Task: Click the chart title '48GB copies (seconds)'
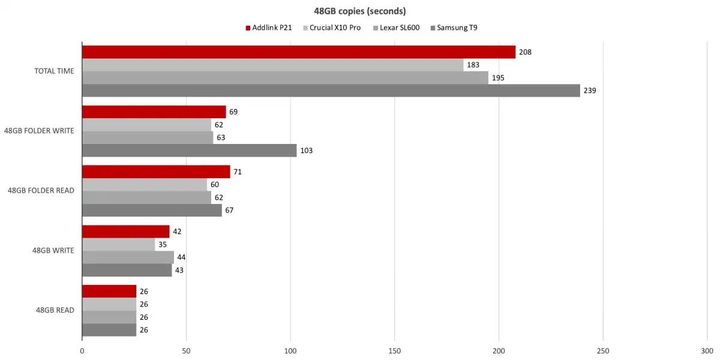(359, 11)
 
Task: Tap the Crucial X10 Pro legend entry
(335, 28)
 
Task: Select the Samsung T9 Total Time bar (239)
(331, 91)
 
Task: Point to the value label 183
(473, 65)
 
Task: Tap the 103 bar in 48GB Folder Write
(189, 151)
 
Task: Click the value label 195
(498, 78)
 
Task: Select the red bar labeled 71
(156, 172)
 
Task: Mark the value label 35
(162, 245)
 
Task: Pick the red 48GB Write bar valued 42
(125, 232)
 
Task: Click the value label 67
(230, 210)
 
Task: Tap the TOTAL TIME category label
(54, 71)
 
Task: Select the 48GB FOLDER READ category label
(41, 191)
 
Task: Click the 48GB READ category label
(55, 310)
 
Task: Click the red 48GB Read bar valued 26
(109, 292)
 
